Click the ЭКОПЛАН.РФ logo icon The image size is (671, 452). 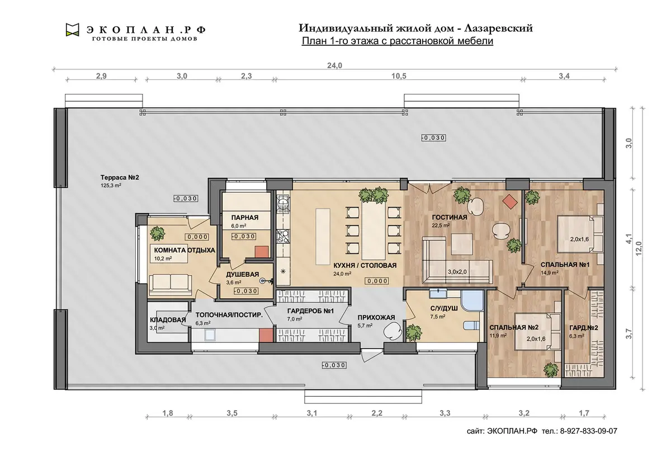point(73,30)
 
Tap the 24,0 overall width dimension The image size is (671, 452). point(334,65)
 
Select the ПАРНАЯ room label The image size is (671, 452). point(245,218)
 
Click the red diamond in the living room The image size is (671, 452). point(510,201)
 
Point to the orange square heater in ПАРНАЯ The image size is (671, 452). point(262,252)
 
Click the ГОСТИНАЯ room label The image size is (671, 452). point(450,217)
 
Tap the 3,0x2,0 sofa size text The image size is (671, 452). point(457,272)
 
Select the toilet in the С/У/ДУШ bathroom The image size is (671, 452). point(471,326)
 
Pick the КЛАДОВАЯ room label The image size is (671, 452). point(168,320)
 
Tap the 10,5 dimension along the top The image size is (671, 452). point(399,76)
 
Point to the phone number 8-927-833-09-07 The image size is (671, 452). point(589,431)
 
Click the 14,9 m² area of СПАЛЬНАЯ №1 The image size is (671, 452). point(549,273)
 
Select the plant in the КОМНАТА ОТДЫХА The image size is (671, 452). point(157,233)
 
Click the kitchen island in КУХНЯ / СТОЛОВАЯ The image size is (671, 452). point(323,237)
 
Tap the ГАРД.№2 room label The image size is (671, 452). point(584,328)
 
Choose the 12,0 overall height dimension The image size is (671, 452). point(639,248)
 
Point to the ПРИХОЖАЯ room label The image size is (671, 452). point(376,317)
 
